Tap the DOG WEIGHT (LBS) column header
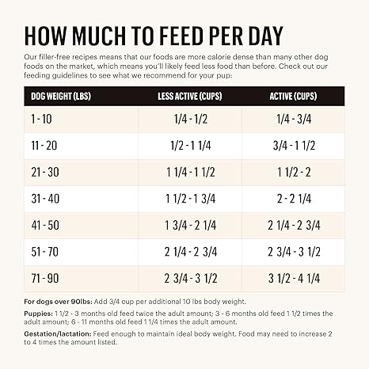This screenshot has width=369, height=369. coord(63,97)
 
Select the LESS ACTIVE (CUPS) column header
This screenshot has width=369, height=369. coord(190,97)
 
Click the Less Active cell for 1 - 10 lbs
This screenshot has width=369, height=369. coord(190,119)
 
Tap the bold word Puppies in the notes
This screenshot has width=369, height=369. coord(39,314)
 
